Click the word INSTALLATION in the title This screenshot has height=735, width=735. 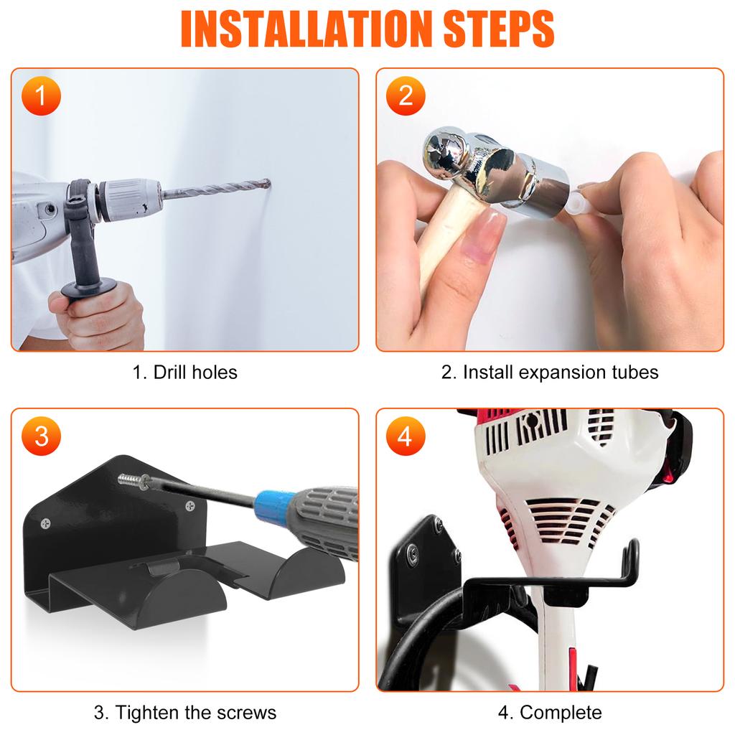306,29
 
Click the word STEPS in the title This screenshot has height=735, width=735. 498,29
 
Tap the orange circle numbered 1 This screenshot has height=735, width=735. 41,96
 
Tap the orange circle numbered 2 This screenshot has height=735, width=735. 406,96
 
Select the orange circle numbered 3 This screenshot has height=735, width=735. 41,436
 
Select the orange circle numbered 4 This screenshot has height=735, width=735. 406,436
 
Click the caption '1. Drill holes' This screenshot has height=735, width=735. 184,373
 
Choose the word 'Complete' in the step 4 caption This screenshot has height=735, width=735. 561,713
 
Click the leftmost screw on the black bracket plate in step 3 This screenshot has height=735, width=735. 45,523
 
